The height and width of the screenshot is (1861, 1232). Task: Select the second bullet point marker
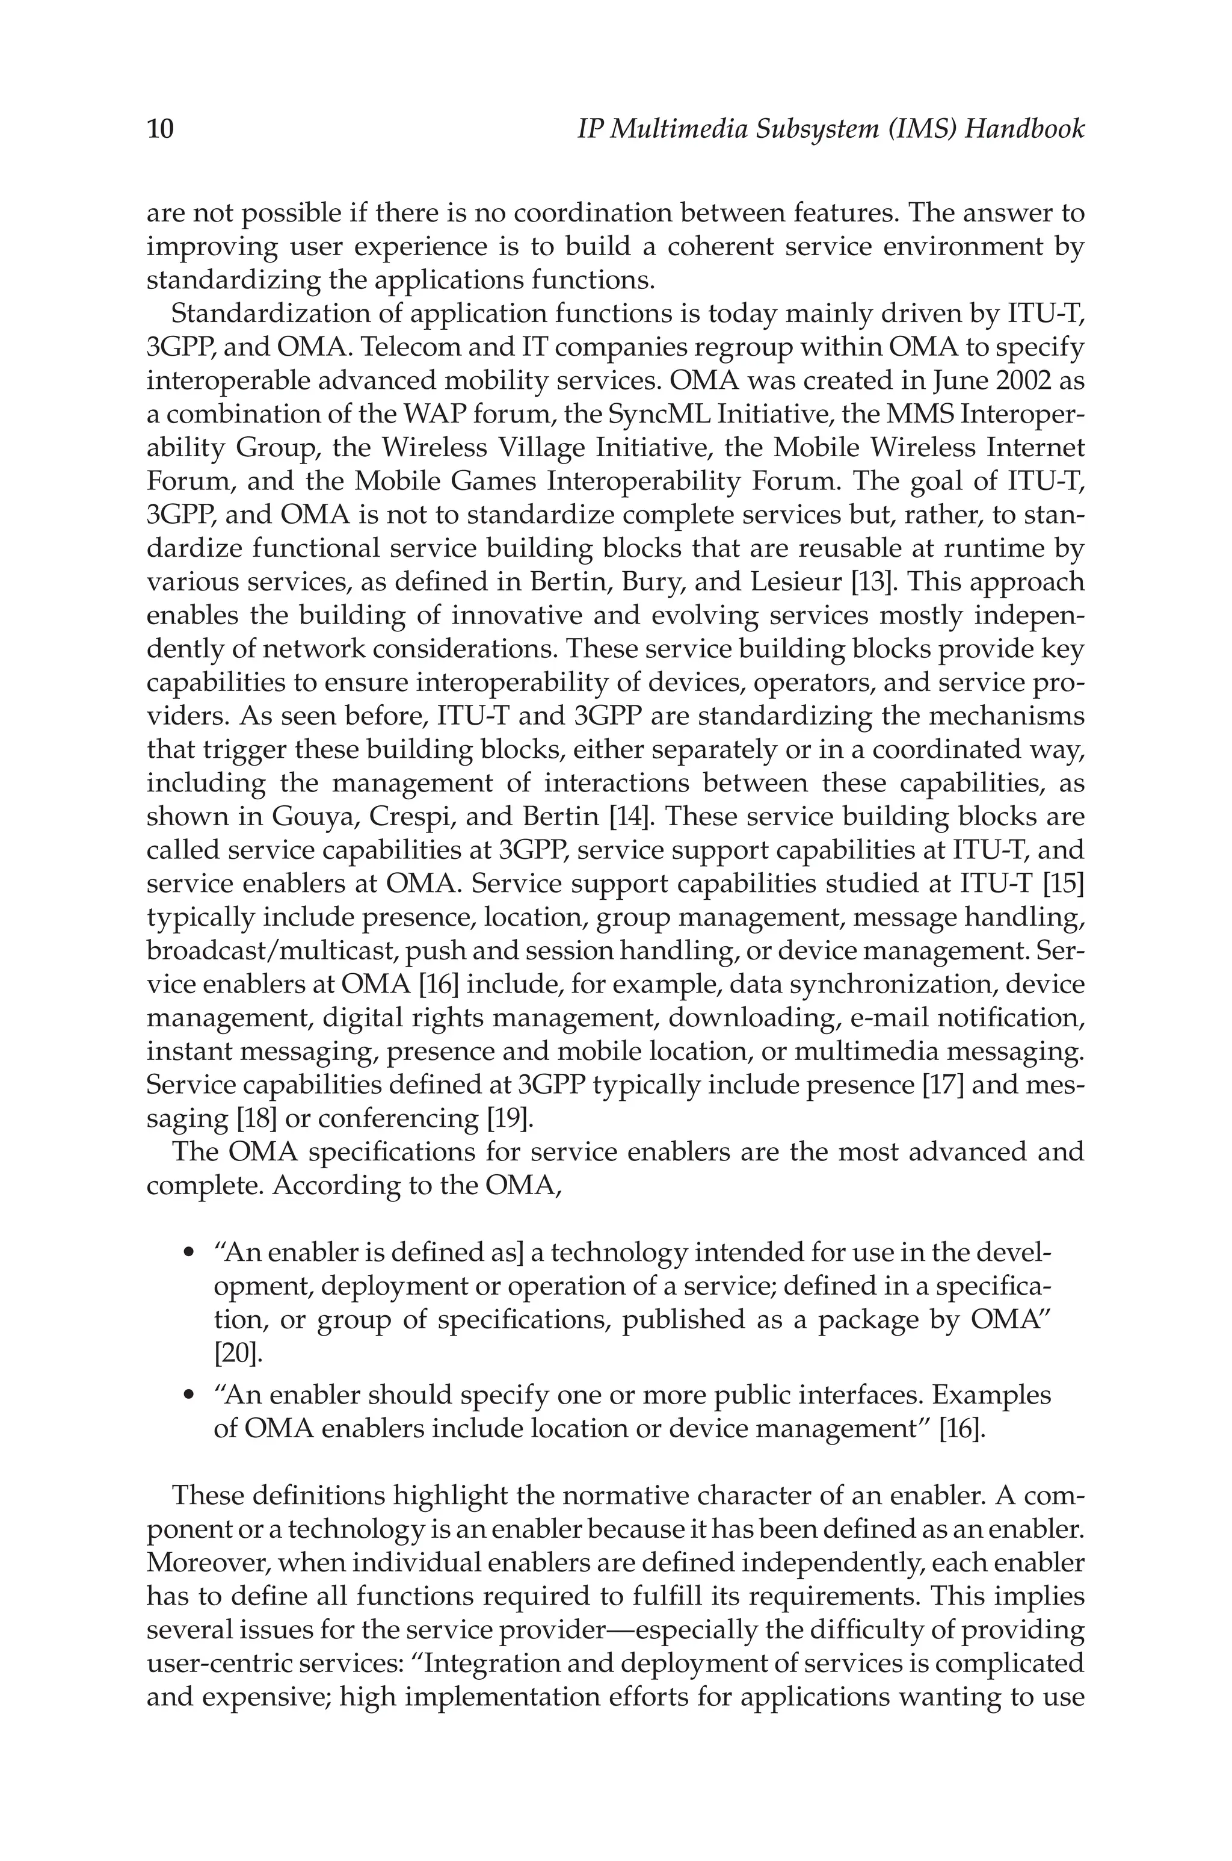click(188, 1396)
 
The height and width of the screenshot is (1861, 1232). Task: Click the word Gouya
click(314, 817)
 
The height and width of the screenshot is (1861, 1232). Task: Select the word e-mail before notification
click(890, 1018)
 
